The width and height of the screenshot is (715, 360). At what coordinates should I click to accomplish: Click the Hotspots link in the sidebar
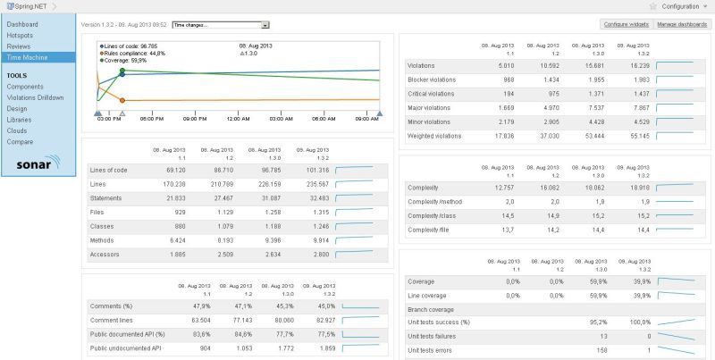tap(20, 35)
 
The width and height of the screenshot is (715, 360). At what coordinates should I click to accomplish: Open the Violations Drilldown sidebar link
tap(34, 97)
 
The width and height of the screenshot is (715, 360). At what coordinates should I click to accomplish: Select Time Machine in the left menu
tap(26, 56)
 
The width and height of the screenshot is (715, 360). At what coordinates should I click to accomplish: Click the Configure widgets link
tap(626, 24)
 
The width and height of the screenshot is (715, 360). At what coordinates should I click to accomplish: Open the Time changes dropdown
tap(220, 26)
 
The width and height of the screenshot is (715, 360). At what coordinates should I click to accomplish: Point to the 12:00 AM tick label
tap(238, 118)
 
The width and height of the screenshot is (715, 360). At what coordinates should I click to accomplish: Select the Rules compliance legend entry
tap(134, 52)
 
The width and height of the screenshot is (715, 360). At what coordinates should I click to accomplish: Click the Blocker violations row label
tap(429, 80)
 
